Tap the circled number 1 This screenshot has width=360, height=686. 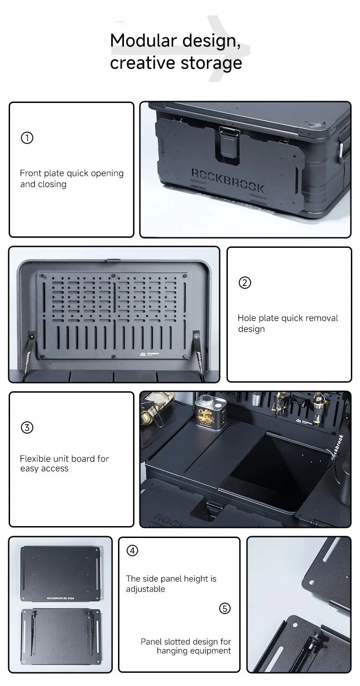point(27,138)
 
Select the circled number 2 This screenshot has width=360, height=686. point(245,282)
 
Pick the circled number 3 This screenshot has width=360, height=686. point(27,427)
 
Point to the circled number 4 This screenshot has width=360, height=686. point(132,550)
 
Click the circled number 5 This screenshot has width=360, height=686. point(225,608)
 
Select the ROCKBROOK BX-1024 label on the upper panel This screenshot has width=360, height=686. point(59,598)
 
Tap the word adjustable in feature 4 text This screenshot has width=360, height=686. point(145,589)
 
